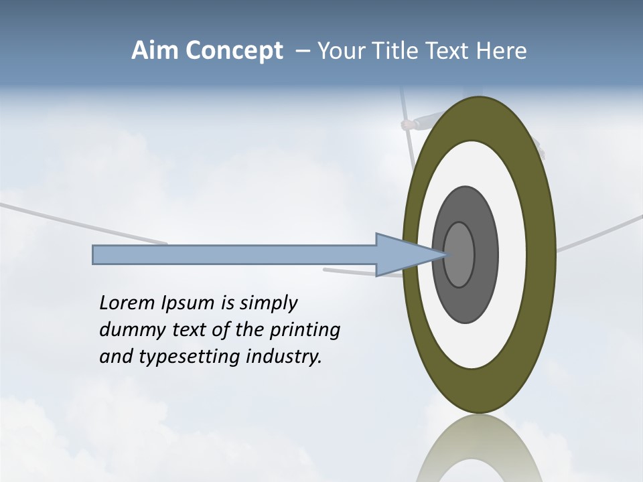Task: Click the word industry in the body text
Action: pos(284,357)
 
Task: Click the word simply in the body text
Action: pos(268,304)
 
